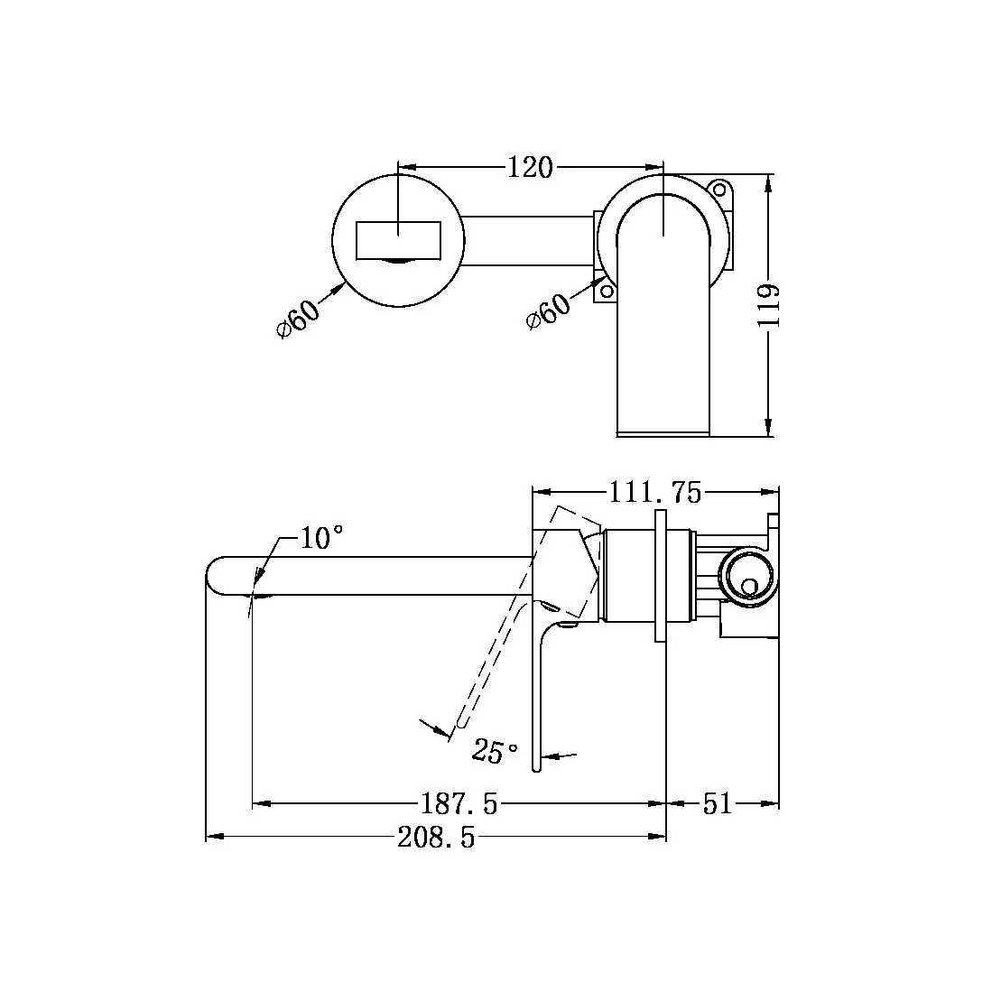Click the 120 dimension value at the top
pyautogui.click(x=530, y=168)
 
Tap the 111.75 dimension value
pyautogui.click(x=654, y=492)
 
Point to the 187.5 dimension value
pyautogui.click(x=459, y=802)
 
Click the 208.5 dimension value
pyautogui.click(x=436, y=839)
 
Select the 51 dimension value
pyautogui.click(x=718, y=802)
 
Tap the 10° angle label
pyautogui.click(x=321, y=539)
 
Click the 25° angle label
pyautogui.click(x=496, y=750)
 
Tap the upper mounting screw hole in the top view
pyautogui.click(x=718, y=190)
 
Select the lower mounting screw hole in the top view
pyautogui.click(x=607, y=291)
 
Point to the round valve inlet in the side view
pyautogui.click(x=747, y=575)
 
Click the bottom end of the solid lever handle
pyautogui.click(x=536, y=767)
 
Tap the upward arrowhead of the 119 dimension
pyautogui.click(x=768, y=181)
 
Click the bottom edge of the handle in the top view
pyautogui.click(x=663, y=434)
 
